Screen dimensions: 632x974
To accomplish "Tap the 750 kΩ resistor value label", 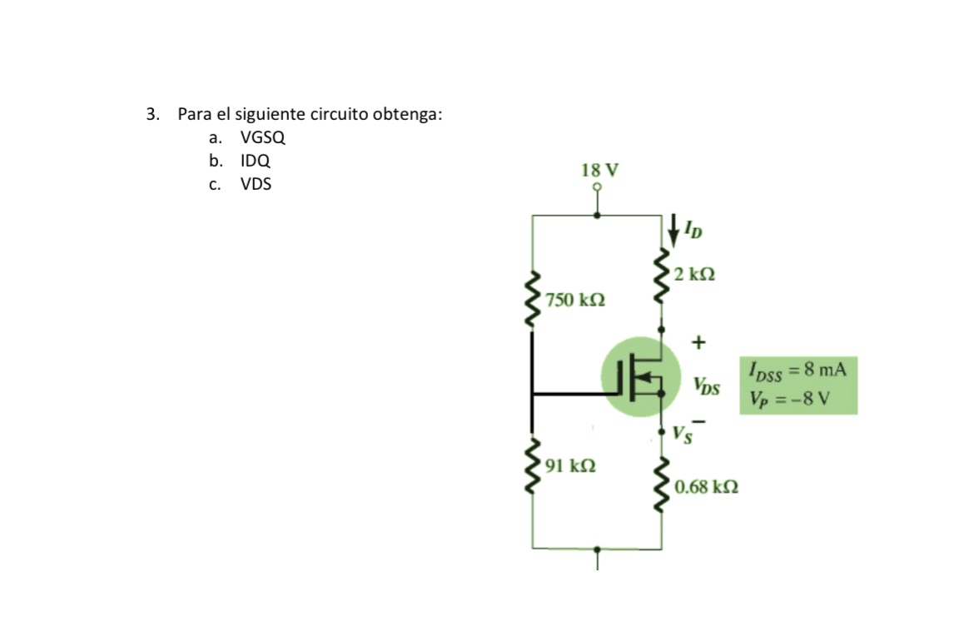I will (x=574, y=299).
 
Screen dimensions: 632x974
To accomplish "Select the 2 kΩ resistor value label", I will (x=696, y=274).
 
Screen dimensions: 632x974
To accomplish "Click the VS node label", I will (x=682, y=434).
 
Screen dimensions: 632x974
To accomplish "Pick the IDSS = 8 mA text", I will (x=798, y=369).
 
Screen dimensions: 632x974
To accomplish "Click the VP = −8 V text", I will (x=788, y=397).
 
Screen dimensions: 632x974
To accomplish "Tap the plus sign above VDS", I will (x=698, y=341).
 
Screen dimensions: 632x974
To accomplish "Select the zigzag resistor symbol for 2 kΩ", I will (x=663, y=274).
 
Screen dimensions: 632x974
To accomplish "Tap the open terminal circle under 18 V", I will (x=597, y=187).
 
